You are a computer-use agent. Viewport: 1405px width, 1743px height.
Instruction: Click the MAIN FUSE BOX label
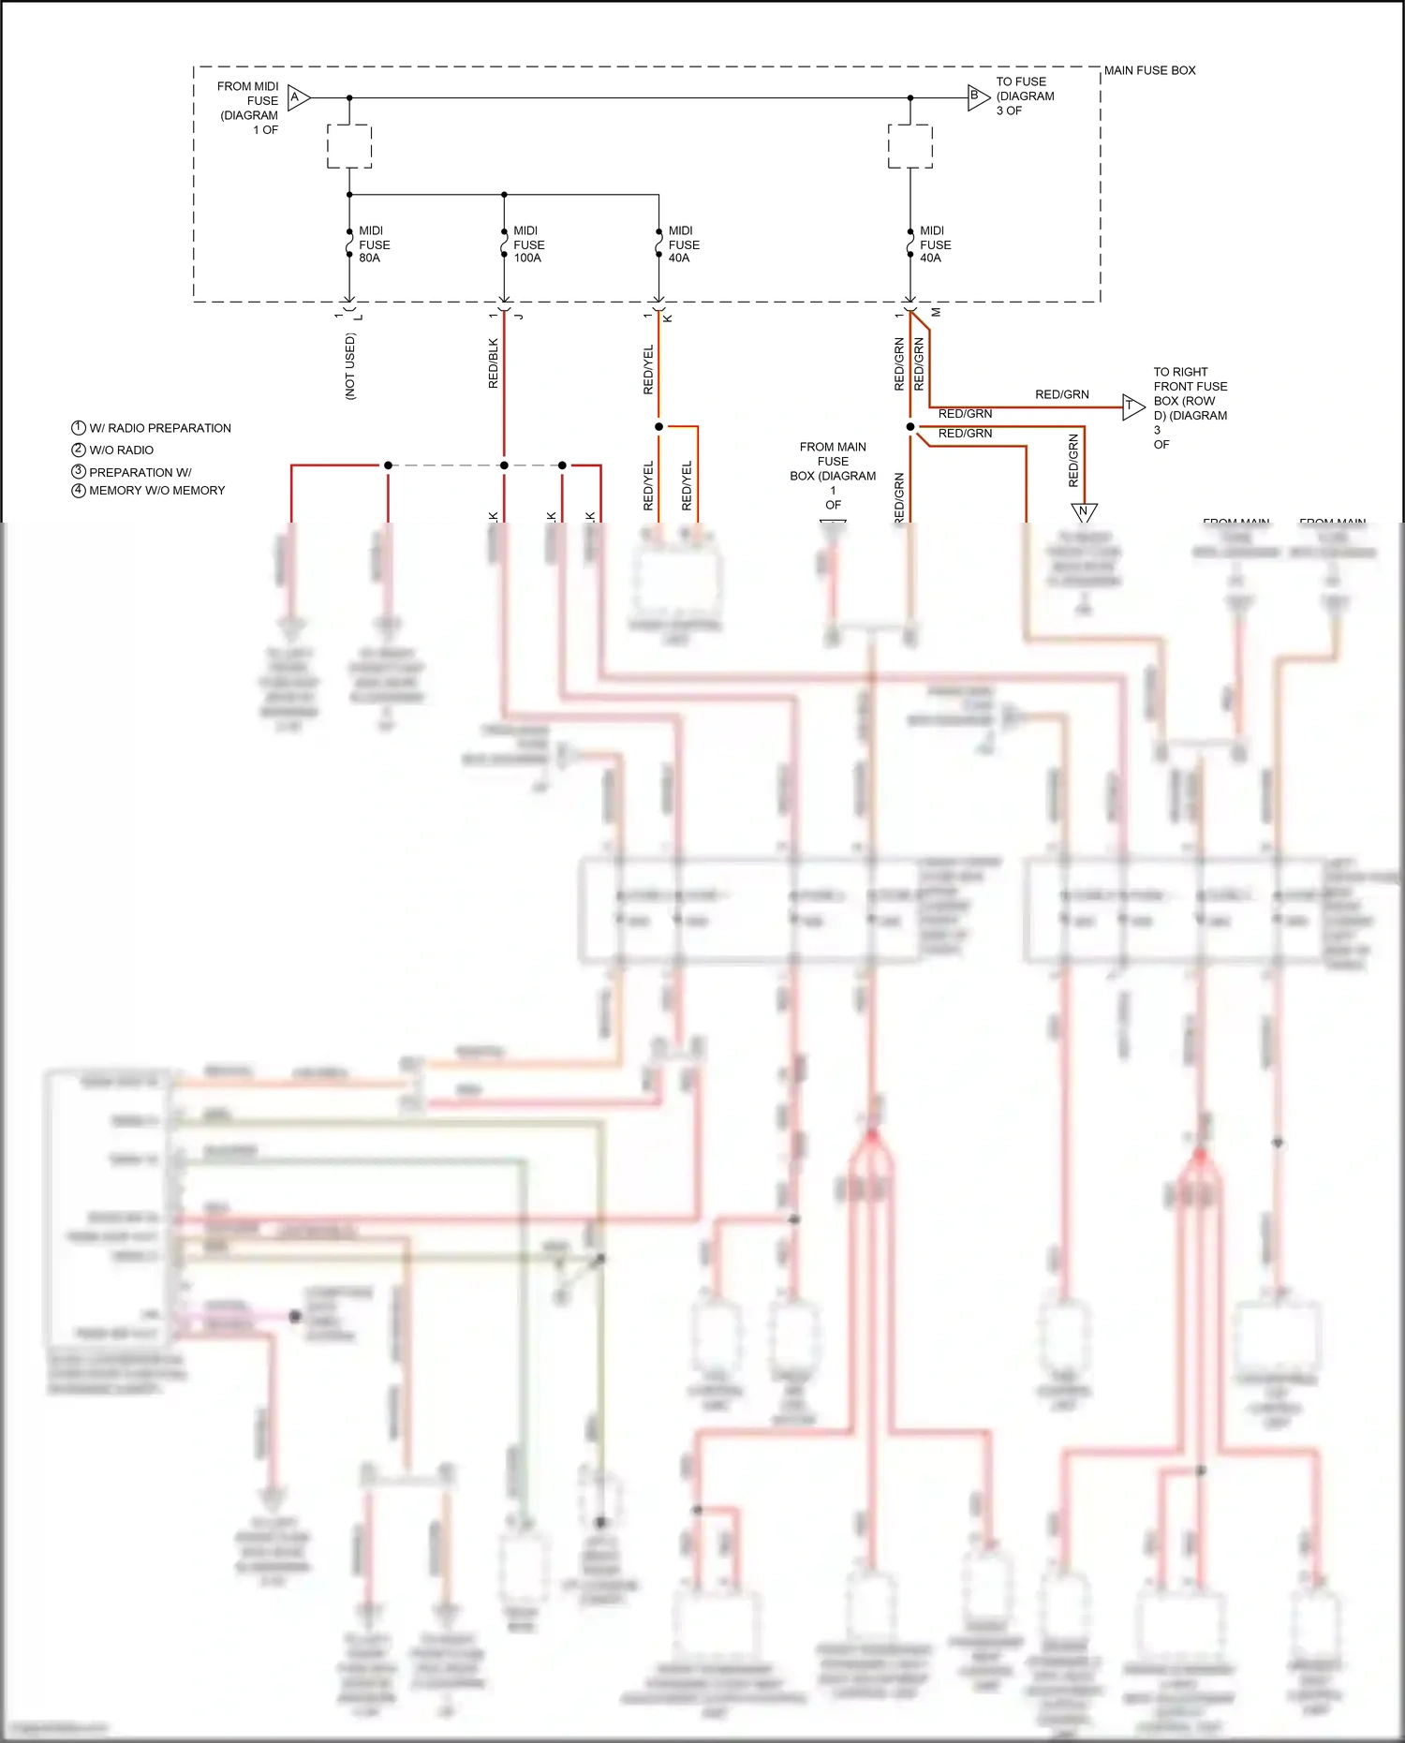(x=1149, y=70)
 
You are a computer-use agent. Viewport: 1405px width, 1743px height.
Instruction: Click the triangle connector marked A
(x=298, y=97)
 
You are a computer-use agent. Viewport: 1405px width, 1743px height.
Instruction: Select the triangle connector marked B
(x=978, y=96)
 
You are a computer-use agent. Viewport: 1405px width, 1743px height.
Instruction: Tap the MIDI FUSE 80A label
(x=374, y=244)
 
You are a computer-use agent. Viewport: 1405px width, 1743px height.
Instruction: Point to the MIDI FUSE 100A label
(x=528, y=244)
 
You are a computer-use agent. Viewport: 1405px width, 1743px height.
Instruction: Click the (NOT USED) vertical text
(x=350, y=366)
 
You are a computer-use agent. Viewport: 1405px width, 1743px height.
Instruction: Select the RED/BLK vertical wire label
(x=494, y=363)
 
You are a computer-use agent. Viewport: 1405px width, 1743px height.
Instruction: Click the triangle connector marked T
(x=1132, y=406)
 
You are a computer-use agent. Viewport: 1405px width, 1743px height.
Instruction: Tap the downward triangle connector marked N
(x=1084, y=511)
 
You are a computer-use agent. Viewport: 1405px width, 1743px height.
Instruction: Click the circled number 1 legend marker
(x=79, y=428)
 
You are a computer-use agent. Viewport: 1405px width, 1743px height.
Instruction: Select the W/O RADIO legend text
(x=122, y=451)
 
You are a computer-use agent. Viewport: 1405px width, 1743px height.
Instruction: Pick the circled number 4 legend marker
(x=79, y=491)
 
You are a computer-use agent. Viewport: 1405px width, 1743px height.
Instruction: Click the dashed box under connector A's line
(x=349, y=146)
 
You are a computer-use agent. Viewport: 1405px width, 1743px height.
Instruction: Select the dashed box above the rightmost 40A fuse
(x=910, y=146)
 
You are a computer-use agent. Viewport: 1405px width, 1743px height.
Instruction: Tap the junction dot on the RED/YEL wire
(x=658, y=427)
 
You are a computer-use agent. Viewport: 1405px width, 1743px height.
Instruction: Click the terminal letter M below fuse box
(x=936, y=313)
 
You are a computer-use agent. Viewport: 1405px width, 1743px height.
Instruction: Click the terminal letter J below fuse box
(x=518, y=317)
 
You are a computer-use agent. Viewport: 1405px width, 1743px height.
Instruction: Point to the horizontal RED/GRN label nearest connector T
(x=1061, y=395)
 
